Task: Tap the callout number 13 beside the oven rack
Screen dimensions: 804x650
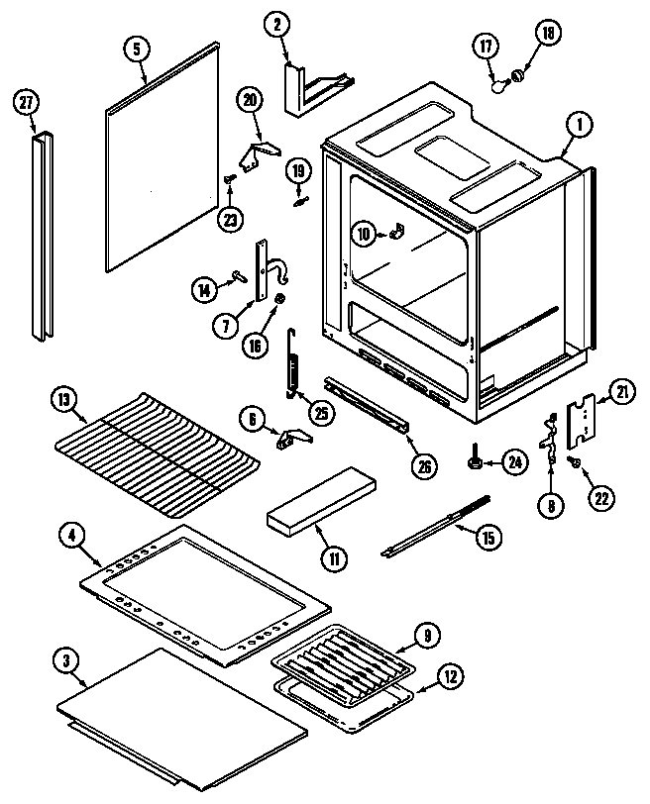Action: point(63,400)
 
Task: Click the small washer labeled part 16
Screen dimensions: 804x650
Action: point(281,298)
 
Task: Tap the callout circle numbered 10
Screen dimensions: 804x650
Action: point(364,234)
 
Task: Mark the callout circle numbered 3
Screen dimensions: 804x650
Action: point(67,661)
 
